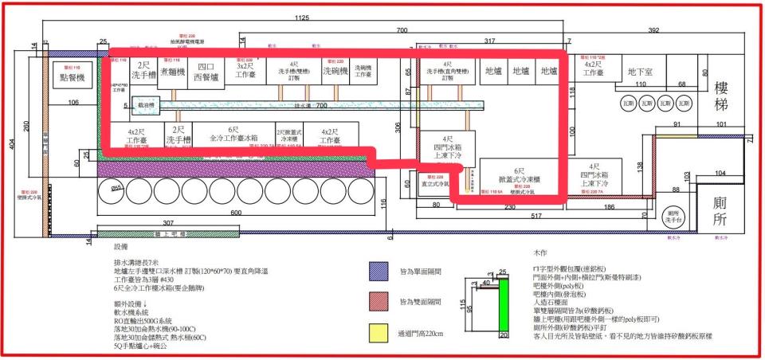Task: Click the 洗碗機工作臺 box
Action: point(367,72)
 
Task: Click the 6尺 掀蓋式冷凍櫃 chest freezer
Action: point(519,176)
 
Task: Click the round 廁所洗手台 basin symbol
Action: point(673,214)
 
